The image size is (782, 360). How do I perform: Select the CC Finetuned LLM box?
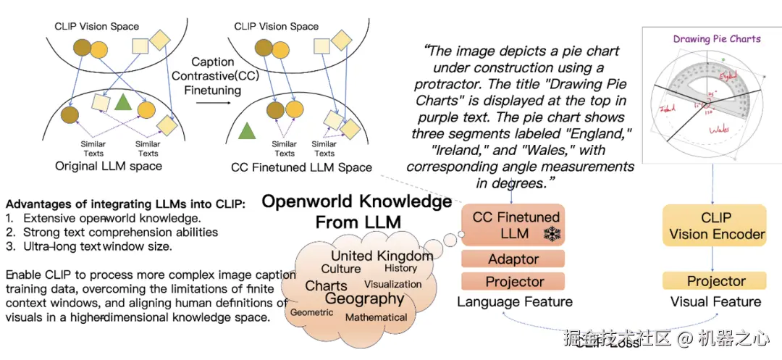(516, 225)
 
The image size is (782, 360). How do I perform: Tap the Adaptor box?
(513, 259)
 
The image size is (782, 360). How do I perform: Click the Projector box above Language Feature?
(514, 281)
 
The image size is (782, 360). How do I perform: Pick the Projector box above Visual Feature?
(716, 281)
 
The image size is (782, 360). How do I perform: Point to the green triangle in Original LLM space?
(123, 103)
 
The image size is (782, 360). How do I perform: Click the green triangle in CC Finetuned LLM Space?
(248, 130)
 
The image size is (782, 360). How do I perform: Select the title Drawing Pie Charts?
(717, 38)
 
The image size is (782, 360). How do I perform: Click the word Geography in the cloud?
(364, 298)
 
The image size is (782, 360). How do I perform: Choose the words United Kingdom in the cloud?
(382, 256)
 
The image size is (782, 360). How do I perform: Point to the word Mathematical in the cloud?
(376, 317)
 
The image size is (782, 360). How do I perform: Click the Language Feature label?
(514, 302)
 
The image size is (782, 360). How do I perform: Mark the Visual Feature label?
(715, 302)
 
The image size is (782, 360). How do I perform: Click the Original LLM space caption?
(109, 167)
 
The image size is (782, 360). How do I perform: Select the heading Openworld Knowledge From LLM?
(357, 211)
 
